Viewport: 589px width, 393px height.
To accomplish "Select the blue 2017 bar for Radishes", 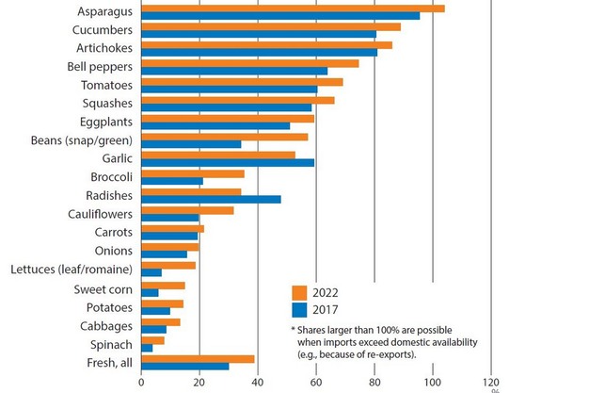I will tap(211, 200).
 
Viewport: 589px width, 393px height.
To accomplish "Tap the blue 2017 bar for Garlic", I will tap(228, 162).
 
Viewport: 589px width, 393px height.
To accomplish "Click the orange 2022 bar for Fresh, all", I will tap(198, 358).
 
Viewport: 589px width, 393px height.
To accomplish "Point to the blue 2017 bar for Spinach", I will tap(147, 348).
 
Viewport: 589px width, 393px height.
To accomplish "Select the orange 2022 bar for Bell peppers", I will tap(249, 63).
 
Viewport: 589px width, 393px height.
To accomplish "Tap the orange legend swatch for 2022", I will tap(300, 291).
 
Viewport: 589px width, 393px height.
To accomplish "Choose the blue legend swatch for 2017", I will tap(300, 309).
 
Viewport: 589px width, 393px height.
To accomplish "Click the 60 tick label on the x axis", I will tap(316, 383).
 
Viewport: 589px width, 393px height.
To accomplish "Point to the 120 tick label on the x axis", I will tap(491, 383).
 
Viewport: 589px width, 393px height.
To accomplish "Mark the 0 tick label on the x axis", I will tap(141, 383).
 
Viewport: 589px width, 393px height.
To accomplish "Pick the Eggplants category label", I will tap(104, 123).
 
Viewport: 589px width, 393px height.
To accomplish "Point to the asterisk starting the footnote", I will tap(294, 330).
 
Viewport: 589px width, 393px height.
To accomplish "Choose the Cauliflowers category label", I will tap(99, 214).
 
